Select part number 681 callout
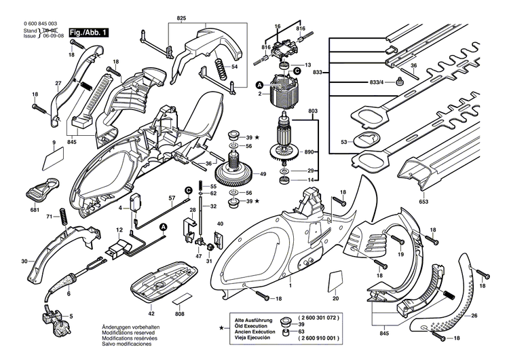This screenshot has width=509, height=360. (x=35, y=210)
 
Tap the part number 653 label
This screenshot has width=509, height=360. (x=423, y=202)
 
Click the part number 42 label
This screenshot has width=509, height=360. (x=151, y=313)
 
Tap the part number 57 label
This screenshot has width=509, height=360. (x=171, y=197)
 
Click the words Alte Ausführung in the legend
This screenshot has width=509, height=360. (x=255, y=317)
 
